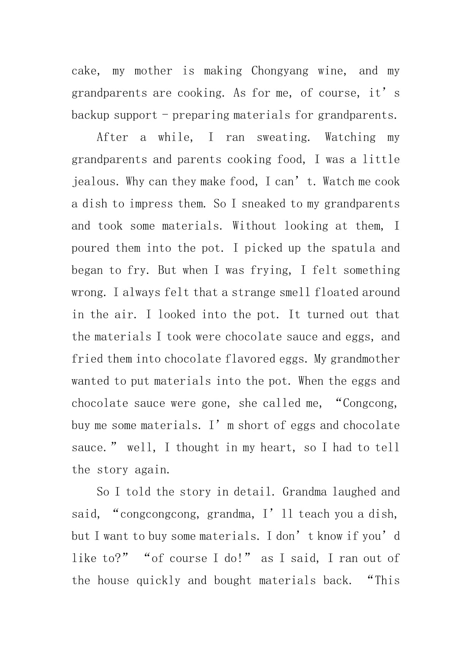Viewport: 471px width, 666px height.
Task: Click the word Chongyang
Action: click(280, 71)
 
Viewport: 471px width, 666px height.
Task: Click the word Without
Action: click(254, 226)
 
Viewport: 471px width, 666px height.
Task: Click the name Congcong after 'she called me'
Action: click(369, 403)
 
